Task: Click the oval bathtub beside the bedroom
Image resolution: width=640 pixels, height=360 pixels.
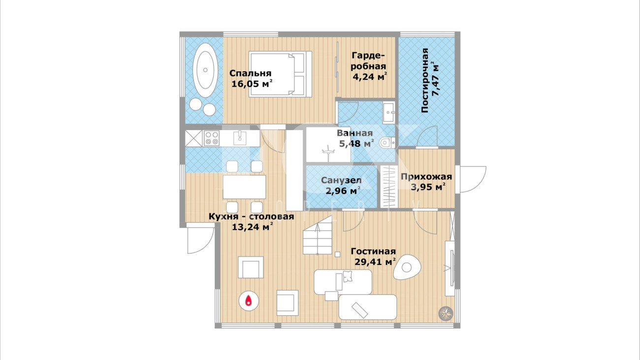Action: (x=205, y=70)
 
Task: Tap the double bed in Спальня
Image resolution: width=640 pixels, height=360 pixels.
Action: (x=280, y=74)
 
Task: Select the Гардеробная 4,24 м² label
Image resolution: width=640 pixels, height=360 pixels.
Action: (x=369, y=66)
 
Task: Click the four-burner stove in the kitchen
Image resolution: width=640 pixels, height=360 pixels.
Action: (x=211, y=138)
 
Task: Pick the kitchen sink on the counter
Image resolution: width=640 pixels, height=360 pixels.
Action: (x=240, y=138)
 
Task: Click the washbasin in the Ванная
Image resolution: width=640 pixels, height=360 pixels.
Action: (x=388, y=113)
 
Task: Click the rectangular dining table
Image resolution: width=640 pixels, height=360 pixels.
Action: (x=244, y=187)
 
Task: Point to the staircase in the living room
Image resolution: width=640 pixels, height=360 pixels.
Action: (x=318, y=235)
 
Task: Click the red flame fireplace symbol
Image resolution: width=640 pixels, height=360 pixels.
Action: (x=249, y=301)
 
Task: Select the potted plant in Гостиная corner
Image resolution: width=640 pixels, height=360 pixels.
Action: (x=446, y=313)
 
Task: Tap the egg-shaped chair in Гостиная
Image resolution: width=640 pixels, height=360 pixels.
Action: (x=407, y=267)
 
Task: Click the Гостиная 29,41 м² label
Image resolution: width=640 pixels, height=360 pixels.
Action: (x=374, y=257)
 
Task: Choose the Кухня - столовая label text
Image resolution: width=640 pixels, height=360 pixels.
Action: (x=252, y=217)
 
